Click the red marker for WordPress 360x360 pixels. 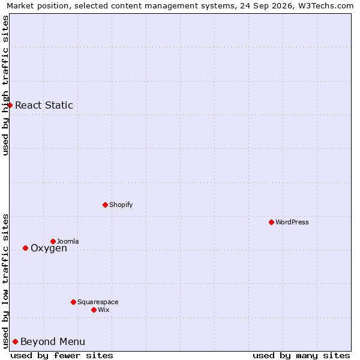[271, 222]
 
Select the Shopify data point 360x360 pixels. [105, 205]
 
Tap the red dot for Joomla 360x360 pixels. [53, 241]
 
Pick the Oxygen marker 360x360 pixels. [25, 248]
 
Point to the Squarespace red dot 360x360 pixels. [73, 302]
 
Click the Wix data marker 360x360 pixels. [94, 310]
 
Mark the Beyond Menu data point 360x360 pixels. [16, 341]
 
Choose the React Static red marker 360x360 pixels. [10, 105]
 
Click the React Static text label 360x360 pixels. [44, 105]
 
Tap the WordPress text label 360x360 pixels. [292, 222]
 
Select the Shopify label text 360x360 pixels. [121, 205]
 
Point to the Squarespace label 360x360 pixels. [98, 302]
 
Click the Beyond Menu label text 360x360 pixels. [53, 341]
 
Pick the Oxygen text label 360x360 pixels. [49, 248]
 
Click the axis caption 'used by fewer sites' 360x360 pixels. [62, 356]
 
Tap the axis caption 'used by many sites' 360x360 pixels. [301, 356]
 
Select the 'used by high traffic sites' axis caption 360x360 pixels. [5, 85]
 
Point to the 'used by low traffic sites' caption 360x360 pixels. [5, 282]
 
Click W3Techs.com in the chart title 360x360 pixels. [326, 5]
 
